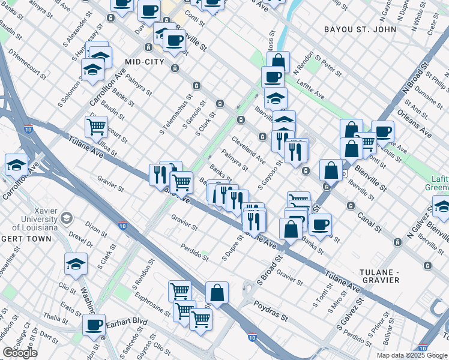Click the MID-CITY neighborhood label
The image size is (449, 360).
coord(148,62)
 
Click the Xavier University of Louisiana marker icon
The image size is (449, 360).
coord(67,217)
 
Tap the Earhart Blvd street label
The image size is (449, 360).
coord(128,322)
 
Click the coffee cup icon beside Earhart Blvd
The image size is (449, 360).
coord(94,325)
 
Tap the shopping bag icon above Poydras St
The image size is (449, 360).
coord(217,293)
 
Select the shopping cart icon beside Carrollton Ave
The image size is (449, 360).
coord(97,127)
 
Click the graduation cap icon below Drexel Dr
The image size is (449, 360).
coord(76,263)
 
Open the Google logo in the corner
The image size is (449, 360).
coord(20,353)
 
